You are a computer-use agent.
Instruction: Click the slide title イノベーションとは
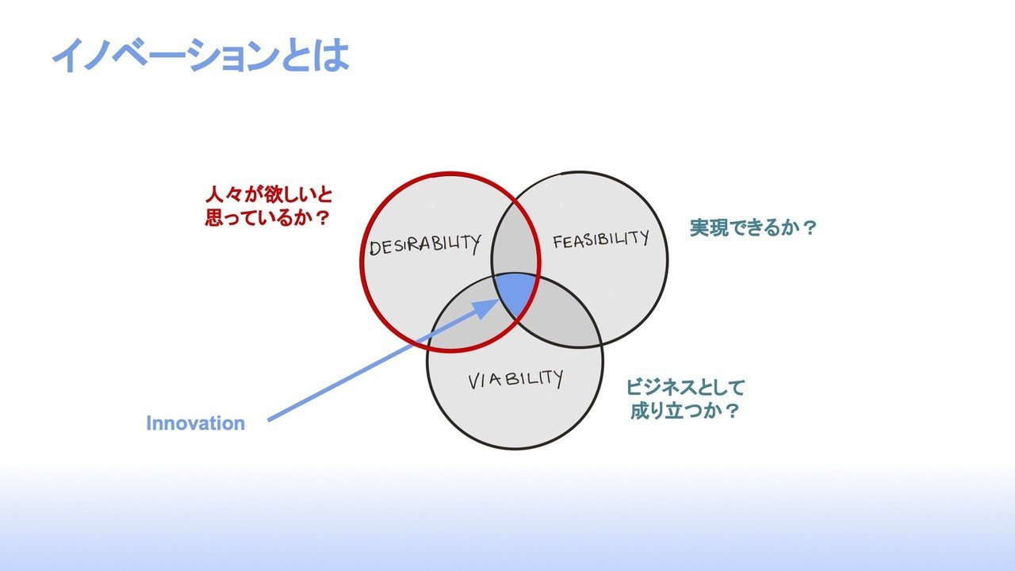(x=200, y=56)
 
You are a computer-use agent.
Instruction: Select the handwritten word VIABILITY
(x=515, y=380)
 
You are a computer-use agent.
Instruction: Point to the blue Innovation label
(x=195, y=423)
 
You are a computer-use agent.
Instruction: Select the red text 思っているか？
(x=266, y=217)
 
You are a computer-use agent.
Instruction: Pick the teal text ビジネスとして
(x=686, y=388)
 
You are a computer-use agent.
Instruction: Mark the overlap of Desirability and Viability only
(x=468, y=317)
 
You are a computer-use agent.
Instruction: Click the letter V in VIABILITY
(x=474, y=382)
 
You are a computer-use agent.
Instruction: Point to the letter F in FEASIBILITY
(x=558, y=242)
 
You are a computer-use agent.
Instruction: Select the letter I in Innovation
(x=149, y=423)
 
